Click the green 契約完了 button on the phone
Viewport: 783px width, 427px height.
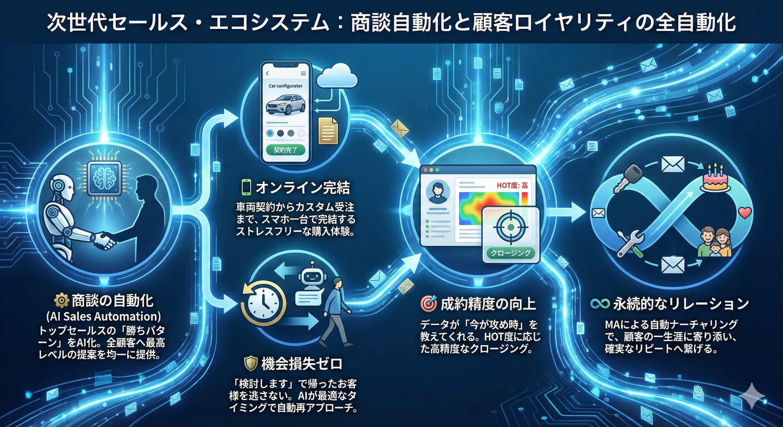285,150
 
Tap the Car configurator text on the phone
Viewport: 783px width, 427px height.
285,86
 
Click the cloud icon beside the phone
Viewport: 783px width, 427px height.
337,76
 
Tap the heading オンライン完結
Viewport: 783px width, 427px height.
303,188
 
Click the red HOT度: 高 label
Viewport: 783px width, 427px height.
512,185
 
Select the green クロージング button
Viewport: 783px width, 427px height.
511,253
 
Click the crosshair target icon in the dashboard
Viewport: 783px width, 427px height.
511,227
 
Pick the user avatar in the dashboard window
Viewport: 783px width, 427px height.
437,192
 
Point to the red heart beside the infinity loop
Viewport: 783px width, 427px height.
745,213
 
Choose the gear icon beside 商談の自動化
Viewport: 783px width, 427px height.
61,301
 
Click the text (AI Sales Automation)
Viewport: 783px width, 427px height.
104,316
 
